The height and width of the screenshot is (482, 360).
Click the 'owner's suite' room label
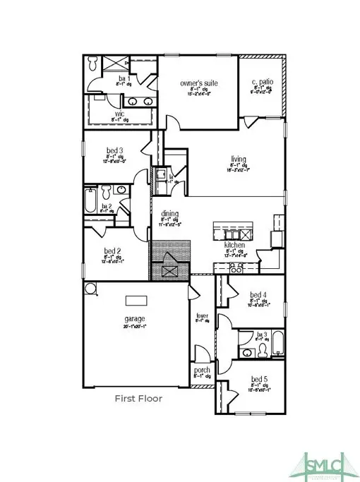point(198,83)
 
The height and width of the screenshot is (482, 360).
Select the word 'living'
point(239,158)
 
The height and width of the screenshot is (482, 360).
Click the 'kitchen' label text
point(235,245)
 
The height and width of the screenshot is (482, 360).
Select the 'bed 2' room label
point(114,251)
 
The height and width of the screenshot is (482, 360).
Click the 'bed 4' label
point(258,294)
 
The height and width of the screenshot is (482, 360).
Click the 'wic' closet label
point(120,112)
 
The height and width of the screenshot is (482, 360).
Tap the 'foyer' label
point(202,315)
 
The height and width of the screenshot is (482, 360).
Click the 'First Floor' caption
point(139,399)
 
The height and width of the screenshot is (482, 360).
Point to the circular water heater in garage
point(90,289)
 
